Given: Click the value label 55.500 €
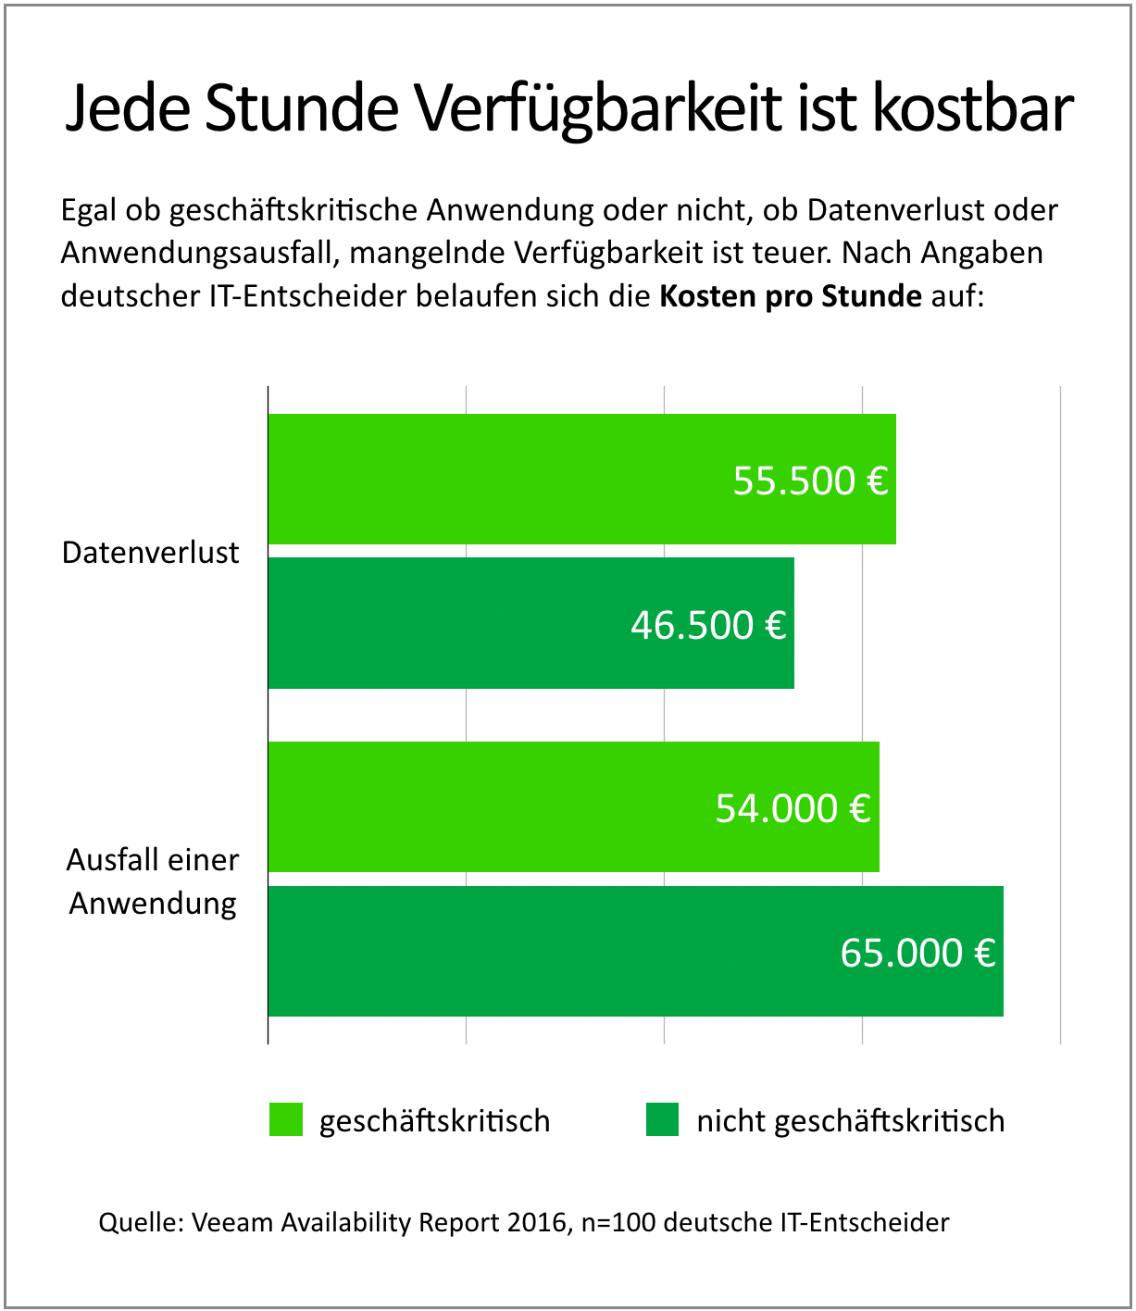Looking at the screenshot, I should pos(810,481).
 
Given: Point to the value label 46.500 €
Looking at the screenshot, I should pos(708,625).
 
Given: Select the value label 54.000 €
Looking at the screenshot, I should pos(793,808).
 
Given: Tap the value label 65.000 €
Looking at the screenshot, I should pos(918,953).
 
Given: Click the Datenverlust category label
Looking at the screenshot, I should pos(151,553).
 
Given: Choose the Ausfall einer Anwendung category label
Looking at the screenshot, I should pos(153,880).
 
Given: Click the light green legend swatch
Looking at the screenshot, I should pos(286,1119).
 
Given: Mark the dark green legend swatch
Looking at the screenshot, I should pos(662,1119).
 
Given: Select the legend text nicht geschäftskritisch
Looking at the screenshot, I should pos(850,1121).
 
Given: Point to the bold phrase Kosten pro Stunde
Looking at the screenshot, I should pos(790,296).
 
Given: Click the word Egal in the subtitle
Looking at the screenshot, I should pos(90,211).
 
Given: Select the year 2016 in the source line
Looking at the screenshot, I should pos(537,1222).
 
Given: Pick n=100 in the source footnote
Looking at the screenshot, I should pos(618,1222).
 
